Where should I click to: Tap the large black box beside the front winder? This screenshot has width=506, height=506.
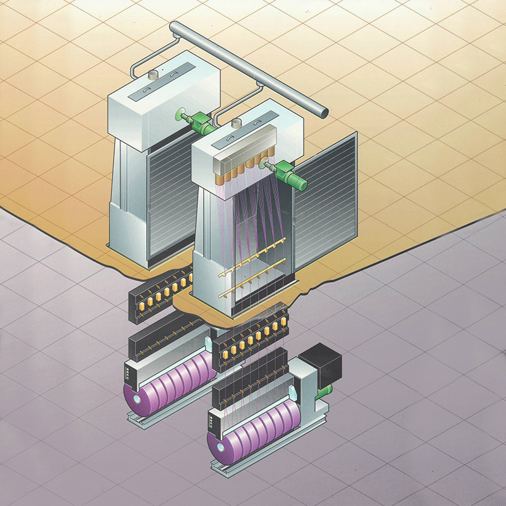pyautogui.click(x=321, y=365)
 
